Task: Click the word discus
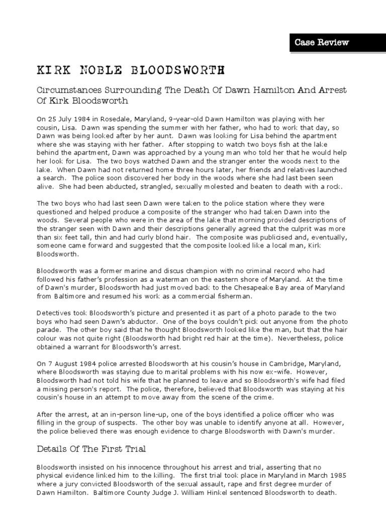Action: [159, 271]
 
